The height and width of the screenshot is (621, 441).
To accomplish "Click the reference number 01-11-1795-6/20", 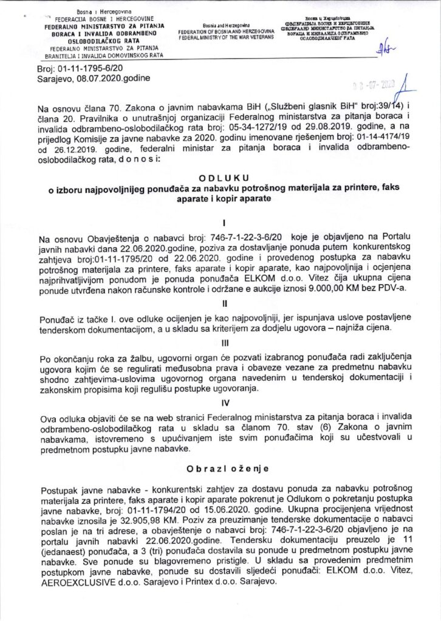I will (83, 70).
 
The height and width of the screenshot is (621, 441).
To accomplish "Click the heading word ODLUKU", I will (220, 176).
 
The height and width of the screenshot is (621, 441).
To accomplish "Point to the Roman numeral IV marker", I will (220, 401).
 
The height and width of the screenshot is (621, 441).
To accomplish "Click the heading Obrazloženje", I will (220, 469).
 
